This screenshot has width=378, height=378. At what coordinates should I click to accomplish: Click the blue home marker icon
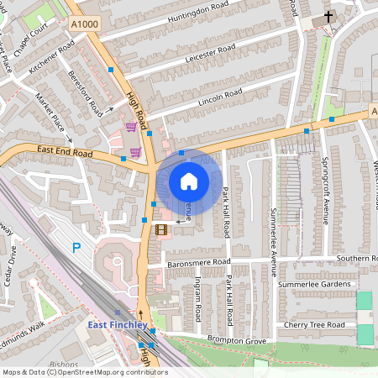(189, 181)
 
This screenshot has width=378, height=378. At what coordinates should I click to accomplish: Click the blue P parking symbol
(77, 248)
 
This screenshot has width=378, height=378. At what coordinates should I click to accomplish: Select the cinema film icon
(161, 228)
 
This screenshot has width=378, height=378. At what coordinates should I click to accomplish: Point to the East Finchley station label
(118, 325)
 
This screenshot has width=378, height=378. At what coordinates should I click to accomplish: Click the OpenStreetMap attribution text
(84, 371)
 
